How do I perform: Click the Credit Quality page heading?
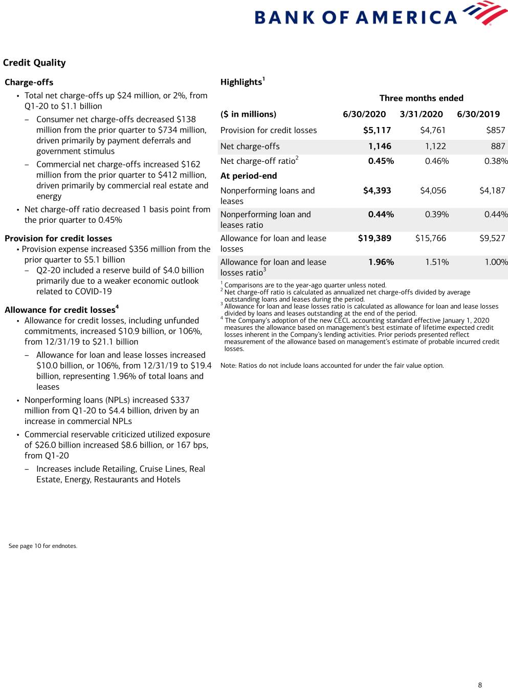pyautogui.click(x=34, y=63)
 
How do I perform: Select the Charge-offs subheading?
pyautogui.click(x=29, y=82)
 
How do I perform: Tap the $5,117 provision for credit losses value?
pyautogui.click(x=377, y=131)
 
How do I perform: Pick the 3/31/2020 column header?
pyautogui.click(x=421, y=114)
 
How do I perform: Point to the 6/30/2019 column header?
pyautogui.click(x=478, y=114)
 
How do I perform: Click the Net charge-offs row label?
pyautogui.click(x=250, y=146)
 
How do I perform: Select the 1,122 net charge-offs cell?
pyautogui.click(x=435, y=146)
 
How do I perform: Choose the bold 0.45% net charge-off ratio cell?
pyautogui.click(x=381, y=161)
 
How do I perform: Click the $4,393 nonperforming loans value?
pyautogui.click(x=377, y=191)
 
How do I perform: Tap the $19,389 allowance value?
pyautogui.click(x=374, y=239)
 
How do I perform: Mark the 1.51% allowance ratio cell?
pyautogui.click(x=437, y=262)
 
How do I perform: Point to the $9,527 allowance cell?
pyautogui.click(x=492, y=239)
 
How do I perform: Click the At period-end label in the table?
pyautogui.click(x=249, y=176)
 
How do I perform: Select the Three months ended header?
pyautogui.click(x=421, y=98)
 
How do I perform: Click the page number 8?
pyautogui.click(x=480, y=685)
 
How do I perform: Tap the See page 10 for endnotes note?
pyautogui.click(x=43, y=546)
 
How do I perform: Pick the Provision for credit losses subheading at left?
pyautogui.click(x=58, y=239)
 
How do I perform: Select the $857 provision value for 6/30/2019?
pyautogui.click(x=495, y=131)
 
